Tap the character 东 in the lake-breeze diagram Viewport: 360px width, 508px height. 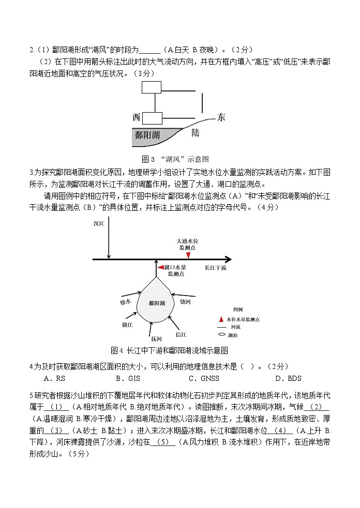pos(221,117)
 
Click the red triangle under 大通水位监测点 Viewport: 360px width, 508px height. pos(188,255)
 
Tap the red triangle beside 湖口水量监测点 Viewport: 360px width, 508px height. pos(160,267)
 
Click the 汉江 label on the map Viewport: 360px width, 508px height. pos(99,224)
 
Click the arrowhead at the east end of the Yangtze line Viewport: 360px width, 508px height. pos(229,259)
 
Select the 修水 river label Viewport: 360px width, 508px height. pos(125,301)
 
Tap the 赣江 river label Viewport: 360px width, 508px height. pos(127,325)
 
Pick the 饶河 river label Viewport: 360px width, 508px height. pos(185,301)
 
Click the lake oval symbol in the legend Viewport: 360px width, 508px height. pos(221,335)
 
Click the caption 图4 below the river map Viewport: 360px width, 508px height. pos(116,351)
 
